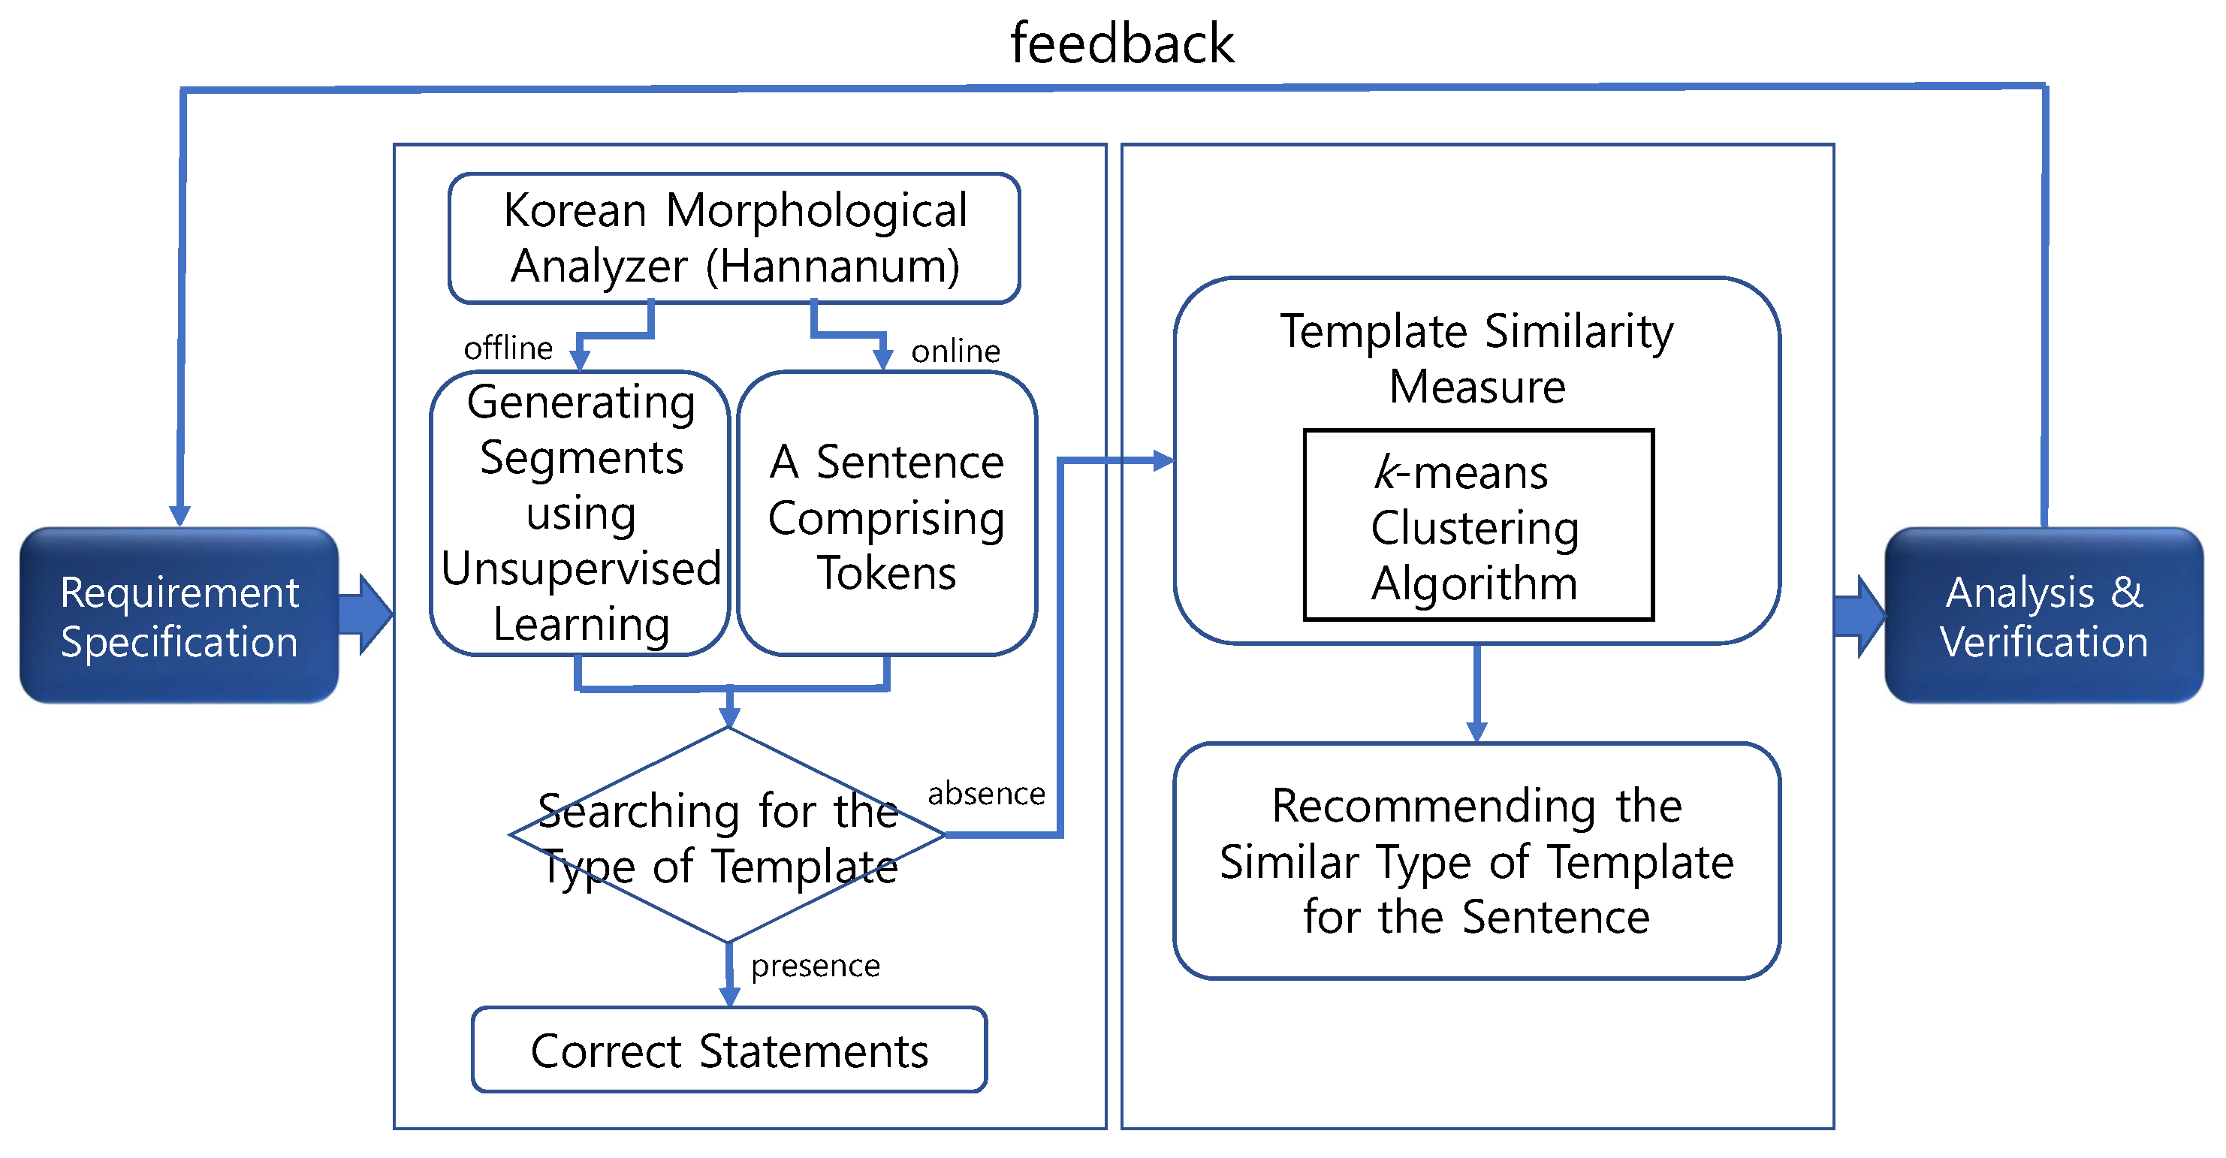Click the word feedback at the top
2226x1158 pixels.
[x=1122, y=44]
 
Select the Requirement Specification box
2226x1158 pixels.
[x=179, y=616]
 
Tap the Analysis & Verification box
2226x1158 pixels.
[x=2044, y=616]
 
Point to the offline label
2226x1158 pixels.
[x=508, y=348]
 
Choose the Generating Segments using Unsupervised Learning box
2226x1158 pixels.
[x=581, y=514]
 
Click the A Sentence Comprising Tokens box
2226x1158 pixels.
[x=887, y=517]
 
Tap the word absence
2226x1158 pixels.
[x=986, y=793]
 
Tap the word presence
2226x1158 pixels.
[x=815, y=965]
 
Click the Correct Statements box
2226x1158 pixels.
[x=729, y=1051]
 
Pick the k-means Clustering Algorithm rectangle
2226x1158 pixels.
[x=1478, y=526]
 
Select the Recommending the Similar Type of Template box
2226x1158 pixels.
[x=1476, y=861]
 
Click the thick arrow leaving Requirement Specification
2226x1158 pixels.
[x=366, y=614]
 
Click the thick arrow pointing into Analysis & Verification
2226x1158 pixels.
[x=1860, y=616]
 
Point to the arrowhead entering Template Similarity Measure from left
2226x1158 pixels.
[x=1163, y=460]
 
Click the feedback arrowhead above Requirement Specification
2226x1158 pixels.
[x=179, y=516]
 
